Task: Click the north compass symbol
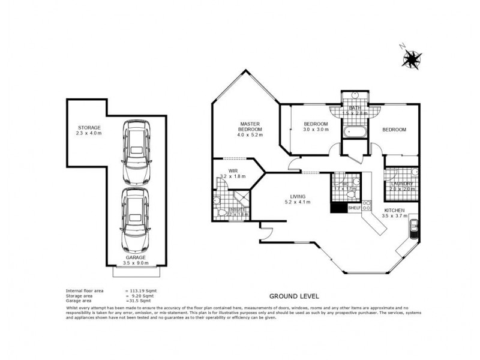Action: [411, 58]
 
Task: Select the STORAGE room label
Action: [89, 127]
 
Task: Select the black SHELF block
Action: [338, 208]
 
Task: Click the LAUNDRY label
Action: [401, 184]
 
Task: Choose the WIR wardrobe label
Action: [225, 170]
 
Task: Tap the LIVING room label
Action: [298, 196]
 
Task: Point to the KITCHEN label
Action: [395, 211]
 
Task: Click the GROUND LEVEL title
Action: [293, 296]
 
